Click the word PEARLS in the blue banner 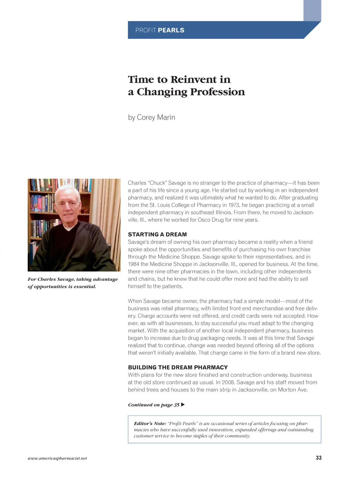171,30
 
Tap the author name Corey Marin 156,118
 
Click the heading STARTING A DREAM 157,234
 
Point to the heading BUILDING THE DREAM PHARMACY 178,367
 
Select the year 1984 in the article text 133,264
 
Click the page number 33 319,458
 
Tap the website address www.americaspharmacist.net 57,458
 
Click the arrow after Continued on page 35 183,405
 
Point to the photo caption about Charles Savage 72,283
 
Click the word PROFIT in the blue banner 146,30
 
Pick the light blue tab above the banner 312,10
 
